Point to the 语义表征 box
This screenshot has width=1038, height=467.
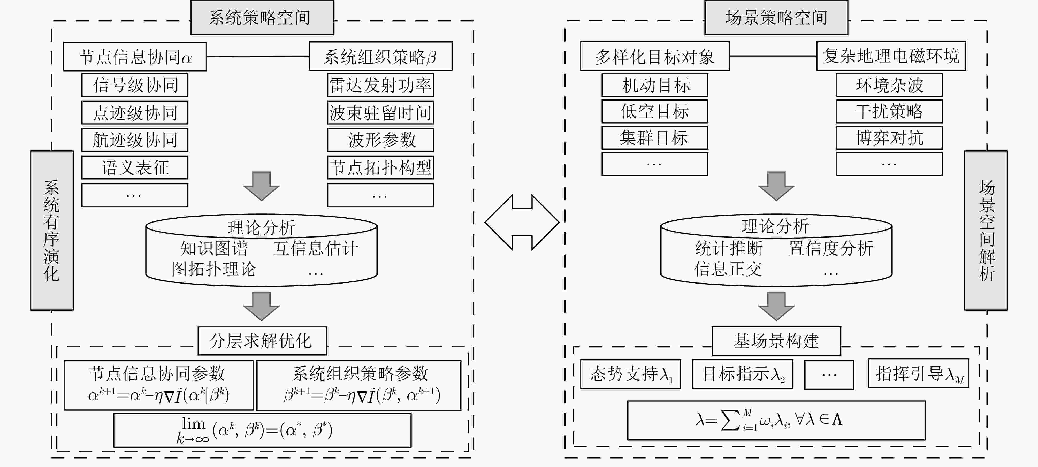click(135, 167)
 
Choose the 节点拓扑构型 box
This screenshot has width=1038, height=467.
click(380, 167)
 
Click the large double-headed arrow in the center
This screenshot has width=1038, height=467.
click(522, 223)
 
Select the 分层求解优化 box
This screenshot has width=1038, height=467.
click(262, 340)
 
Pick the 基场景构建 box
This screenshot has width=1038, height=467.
click(776, 340)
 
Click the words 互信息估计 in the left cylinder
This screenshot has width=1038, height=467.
click(316, 248)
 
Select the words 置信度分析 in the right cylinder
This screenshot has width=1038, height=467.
click(830, 248)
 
